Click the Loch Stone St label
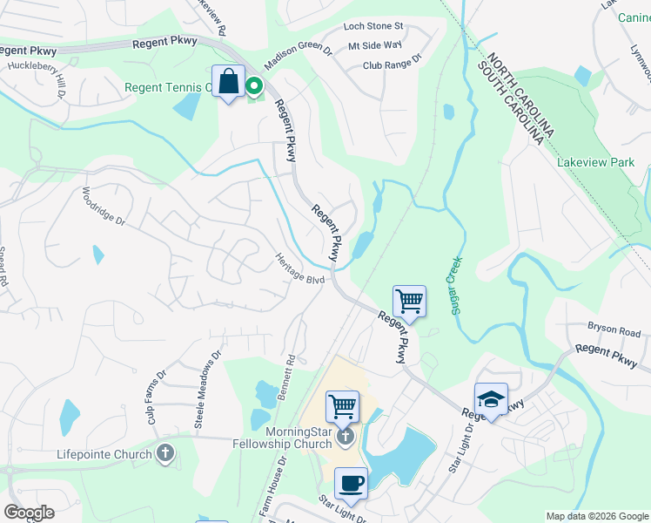(373, 27)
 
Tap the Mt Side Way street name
(375, 44)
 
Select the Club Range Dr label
(392, 64)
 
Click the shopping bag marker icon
(228, 82)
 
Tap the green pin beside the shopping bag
(254, 85)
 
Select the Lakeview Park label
(596, 162)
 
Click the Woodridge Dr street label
(104, 207)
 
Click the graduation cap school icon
(491, 399)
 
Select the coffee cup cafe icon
(351, 484)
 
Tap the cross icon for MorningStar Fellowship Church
(346, 435)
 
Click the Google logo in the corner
(29, 513)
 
